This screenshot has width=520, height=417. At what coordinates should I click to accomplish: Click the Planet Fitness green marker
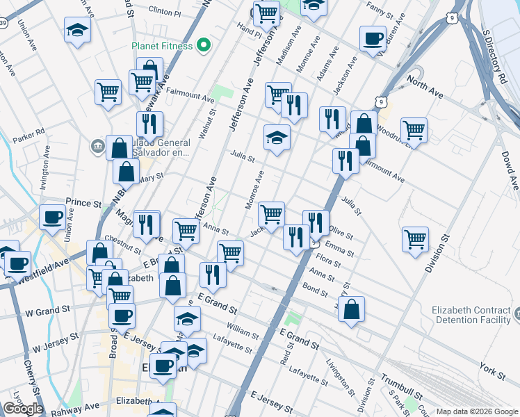pos(204,47)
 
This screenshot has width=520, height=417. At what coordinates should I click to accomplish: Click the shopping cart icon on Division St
pos(415,239)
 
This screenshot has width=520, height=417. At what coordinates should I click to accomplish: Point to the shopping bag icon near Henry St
pos(352,309)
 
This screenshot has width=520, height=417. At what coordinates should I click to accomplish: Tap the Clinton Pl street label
pos(165,13)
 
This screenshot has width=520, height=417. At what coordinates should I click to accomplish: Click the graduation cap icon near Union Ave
pos(77,29)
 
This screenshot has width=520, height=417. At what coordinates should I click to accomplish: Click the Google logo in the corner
pos(23,409)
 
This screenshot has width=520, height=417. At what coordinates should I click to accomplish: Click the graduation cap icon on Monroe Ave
pos(276,137)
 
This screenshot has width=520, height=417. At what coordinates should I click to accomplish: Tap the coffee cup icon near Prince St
pos(52,218)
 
